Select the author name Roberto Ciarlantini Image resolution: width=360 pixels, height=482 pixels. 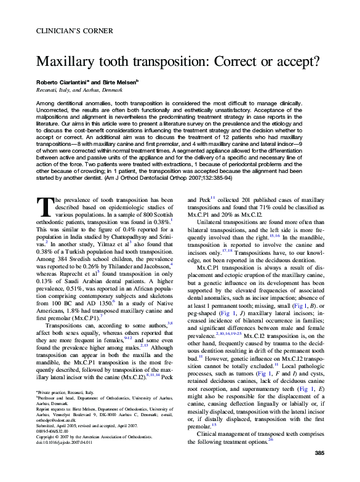(62, 81)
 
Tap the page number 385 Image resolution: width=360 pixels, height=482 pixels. (319, 470)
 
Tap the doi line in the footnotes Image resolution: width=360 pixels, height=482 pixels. (64, 459)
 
